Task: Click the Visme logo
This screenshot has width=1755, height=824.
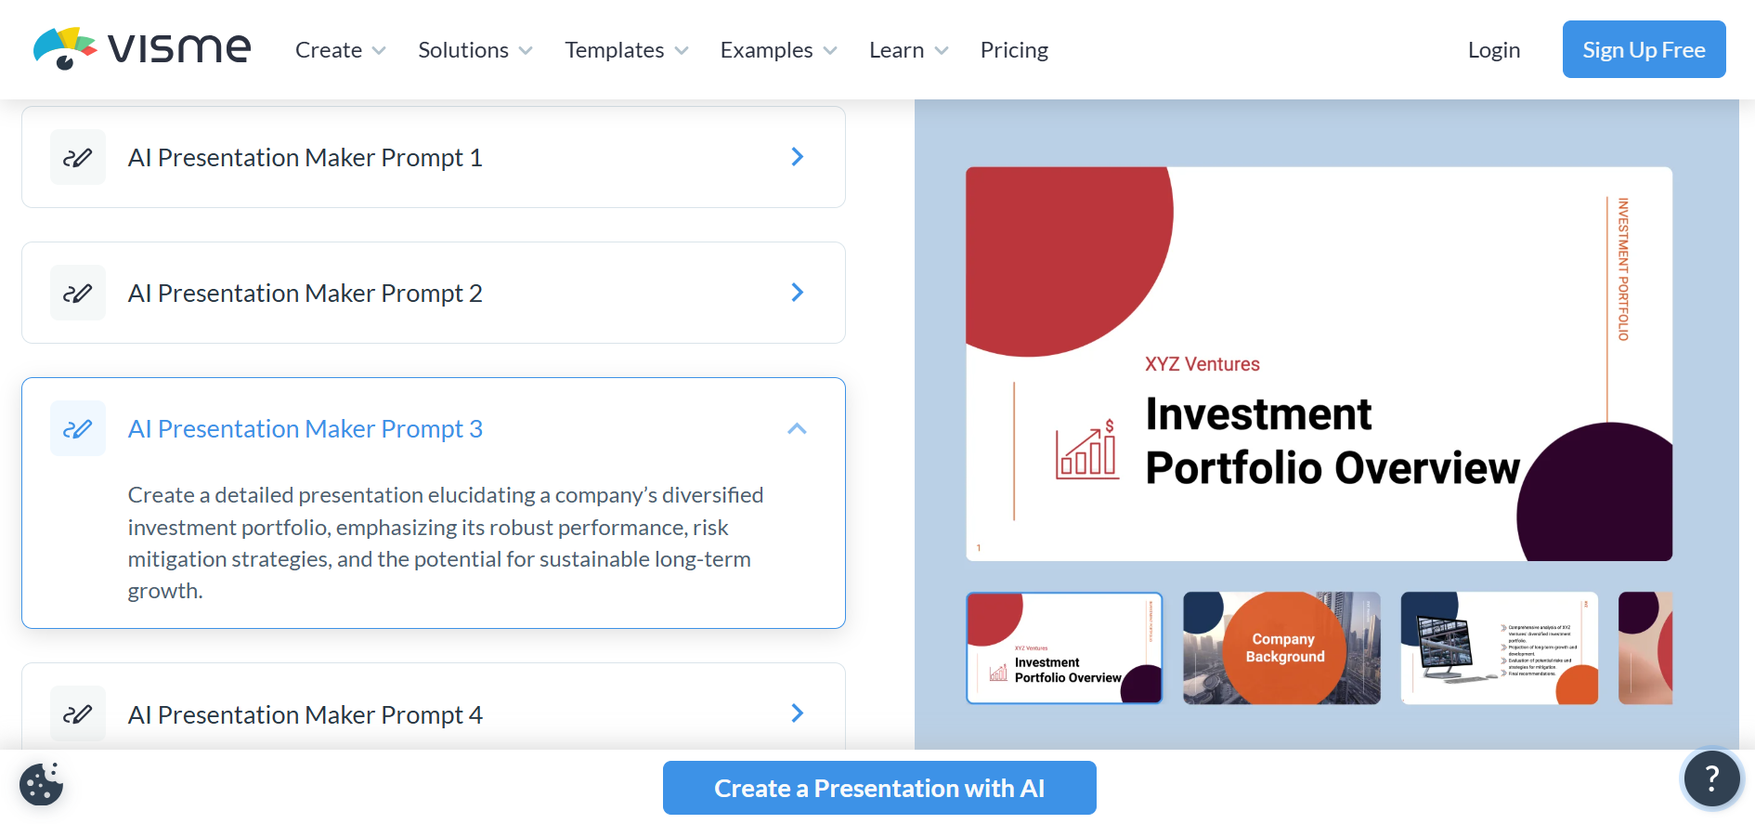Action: (142, 49)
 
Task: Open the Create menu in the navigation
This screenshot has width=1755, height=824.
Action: (340, 50)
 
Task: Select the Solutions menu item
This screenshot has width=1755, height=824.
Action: (474, 50)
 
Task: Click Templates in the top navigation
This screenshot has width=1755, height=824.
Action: (626, 50)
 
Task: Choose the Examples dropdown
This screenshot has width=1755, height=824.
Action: (778, 50)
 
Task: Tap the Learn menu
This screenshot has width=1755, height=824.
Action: (908, 50)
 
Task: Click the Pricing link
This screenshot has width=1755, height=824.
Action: (1014, 50)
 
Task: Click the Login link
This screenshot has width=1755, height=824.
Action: (1493, 50)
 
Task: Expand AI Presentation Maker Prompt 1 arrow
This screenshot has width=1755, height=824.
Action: (797, 157)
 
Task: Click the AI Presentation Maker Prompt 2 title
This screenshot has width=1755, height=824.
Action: (305, 294)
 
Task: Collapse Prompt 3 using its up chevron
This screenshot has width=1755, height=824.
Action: (797, 428)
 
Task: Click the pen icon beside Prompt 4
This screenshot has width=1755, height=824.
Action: (78, 713)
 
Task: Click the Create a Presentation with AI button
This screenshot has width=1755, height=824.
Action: (879, 788)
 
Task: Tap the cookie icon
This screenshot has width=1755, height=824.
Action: (42, 784)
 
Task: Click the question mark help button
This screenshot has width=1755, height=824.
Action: (1711, 778)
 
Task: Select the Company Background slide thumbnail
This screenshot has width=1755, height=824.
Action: (1281, 648)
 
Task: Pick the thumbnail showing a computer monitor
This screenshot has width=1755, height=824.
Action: (1499, 648)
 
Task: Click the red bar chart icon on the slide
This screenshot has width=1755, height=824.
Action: (1086, 451)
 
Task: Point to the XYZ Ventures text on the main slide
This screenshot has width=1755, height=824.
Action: (1202, 364)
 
